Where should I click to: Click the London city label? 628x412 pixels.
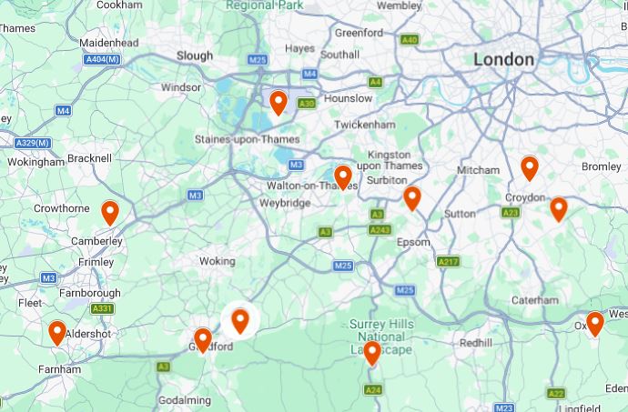tap(503, 59)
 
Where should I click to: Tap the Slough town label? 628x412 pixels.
tap(194, 55)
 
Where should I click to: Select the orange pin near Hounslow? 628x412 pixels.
tap(279, 102)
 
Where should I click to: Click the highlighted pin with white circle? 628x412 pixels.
tap(240, 320)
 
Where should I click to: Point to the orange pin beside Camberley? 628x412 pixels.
tap(110, 213)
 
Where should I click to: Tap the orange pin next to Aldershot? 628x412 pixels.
tap(57, 333)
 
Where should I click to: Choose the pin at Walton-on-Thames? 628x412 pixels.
tap(343, 176)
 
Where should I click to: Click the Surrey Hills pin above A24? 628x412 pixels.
tap(371, 353)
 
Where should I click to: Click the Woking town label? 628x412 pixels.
tap(217, 261)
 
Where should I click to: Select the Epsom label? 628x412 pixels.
tap(413, 242)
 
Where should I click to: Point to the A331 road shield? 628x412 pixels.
tap(102, 309)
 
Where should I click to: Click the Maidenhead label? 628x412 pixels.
tap(108, 43)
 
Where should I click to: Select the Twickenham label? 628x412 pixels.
tap(364, 125)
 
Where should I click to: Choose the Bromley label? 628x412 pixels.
tap(601, 166)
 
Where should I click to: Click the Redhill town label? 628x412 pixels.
tap(475, 343)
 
